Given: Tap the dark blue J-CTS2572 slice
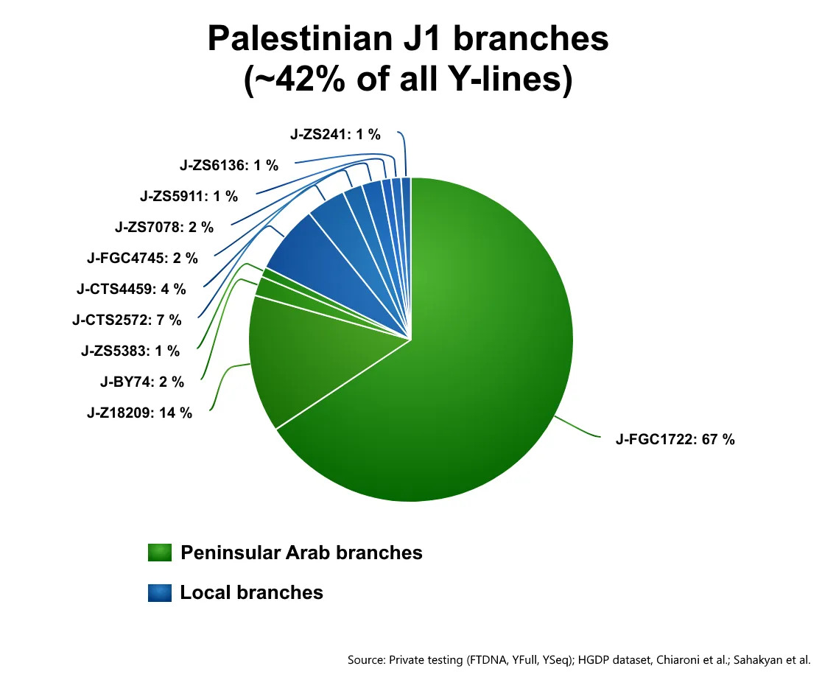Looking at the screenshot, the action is [325, 262].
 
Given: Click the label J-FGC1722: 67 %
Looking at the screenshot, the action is [675, 439].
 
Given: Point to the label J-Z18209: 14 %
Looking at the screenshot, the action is [139, 413].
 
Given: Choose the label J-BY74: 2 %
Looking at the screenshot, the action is [142, 382].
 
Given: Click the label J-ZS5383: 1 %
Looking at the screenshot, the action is [130, 351].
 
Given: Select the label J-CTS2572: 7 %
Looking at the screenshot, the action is [127, 320].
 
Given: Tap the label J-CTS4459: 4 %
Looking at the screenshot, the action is [131, 289].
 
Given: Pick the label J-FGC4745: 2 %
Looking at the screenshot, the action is [143, 258].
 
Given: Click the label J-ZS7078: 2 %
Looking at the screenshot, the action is [164, 227].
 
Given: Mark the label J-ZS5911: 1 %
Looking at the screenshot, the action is [189, 196].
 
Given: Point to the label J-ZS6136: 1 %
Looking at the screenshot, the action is [229, 165].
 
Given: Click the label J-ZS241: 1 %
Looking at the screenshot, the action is [336, 134].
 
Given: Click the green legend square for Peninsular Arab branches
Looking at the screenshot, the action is [160, 553].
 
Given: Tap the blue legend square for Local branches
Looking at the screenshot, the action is [160, 592].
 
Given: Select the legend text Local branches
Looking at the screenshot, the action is [252, 592].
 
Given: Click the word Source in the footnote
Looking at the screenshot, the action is [365, 659].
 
